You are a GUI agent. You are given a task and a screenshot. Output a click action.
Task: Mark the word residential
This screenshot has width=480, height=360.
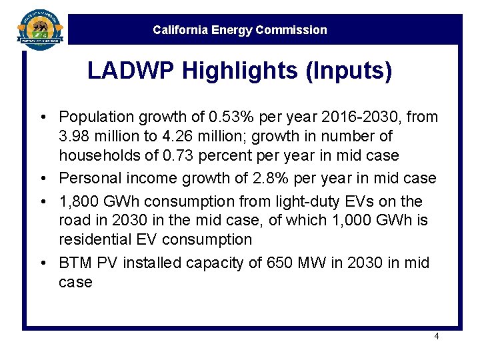tap(93, 239)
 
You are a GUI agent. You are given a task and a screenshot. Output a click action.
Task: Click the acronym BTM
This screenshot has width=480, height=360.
tap(75, 263)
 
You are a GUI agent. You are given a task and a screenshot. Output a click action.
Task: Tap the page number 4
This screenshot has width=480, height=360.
tap(436, 337)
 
